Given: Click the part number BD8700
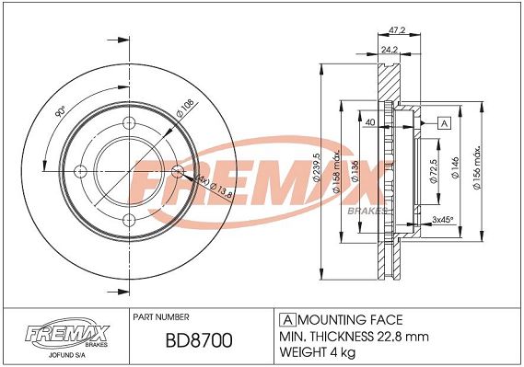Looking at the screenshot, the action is pyautogui.click(x=199, y=340).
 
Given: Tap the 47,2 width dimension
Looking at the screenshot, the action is pyautogui.click(x=397, y=30).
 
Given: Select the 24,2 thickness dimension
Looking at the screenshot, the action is pyautogui.click(x=390, y=50).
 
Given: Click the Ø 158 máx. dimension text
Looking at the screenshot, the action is pyautogui.click(x=336, y=172).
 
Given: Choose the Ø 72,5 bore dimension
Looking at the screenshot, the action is pyautogui.click(x=434, y=171).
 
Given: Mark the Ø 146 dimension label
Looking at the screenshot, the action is pyautogui.click(x=456, y=167).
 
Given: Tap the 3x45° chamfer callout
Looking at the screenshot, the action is pyautogui.click(x=442, y=220).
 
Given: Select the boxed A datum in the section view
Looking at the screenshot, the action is pyautogui.click(x=444, y=123).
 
